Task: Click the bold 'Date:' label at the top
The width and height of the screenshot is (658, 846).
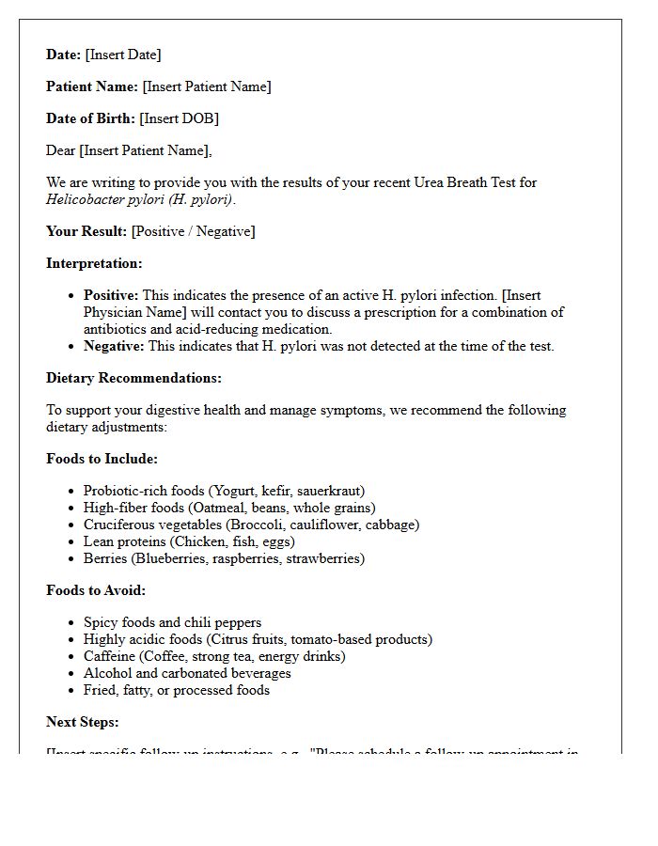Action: click(x=64, y=55)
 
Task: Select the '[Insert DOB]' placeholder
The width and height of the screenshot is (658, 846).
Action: click(x=179, y=118)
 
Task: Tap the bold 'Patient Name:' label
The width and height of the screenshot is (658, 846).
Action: click(x=92, y=86)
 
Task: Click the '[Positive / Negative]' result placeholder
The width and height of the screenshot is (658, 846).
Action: click(x=193, y=231)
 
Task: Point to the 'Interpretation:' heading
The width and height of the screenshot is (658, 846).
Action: click(x=94, y=263)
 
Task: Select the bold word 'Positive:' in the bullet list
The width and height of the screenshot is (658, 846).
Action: click(x=111, y=295)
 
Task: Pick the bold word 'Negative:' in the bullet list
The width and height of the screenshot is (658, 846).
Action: click(x=114, y=346)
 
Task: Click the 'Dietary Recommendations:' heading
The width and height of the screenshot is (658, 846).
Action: click(x=133, y=378)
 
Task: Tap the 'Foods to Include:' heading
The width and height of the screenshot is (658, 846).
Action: click(x=102, y=459)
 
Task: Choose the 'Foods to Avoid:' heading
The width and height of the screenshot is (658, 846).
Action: click(x=96, y=590)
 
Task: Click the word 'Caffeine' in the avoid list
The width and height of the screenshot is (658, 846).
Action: click(x=110, y=656)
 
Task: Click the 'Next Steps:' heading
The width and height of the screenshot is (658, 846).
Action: click(x=83, y=722)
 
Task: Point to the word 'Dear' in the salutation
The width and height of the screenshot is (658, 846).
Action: click(x=61, y=150)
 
